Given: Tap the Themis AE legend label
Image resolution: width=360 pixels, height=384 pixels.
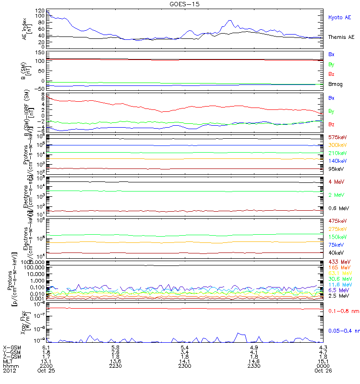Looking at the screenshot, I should [341, 37].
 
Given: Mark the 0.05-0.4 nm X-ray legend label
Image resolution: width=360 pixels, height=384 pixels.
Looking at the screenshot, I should [343, 331].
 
